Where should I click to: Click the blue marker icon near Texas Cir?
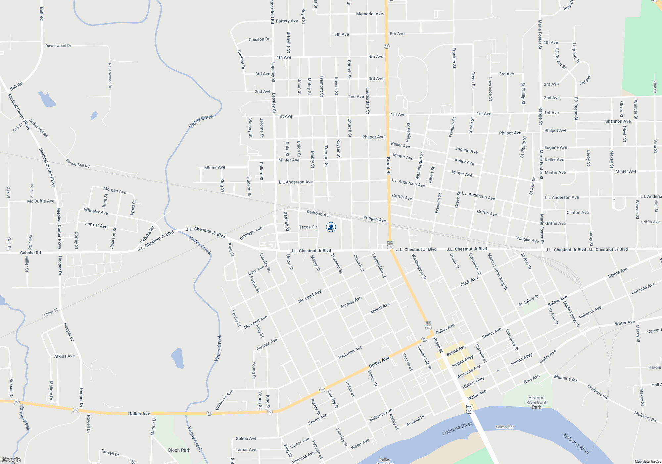331,227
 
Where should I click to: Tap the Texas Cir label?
308,227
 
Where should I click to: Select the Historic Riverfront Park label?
536,402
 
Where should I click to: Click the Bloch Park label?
179,450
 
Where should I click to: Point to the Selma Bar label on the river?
505,427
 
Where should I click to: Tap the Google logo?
11,460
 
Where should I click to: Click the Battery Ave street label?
287,21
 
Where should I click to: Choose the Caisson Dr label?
259,39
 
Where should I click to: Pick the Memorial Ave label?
369,14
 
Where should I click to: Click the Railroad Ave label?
319,213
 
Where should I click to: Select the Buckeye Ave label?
251,233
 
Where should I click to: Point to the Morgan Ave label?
115,190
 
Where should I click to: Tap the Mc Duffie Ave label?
41,201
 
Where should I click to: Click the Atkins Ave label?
65,356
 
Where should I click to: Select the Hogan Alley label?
463,361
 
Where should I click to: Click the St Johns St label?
529,301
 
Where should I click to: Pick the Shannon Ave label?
618,121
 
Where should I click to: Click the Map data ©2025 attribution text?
648,461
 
